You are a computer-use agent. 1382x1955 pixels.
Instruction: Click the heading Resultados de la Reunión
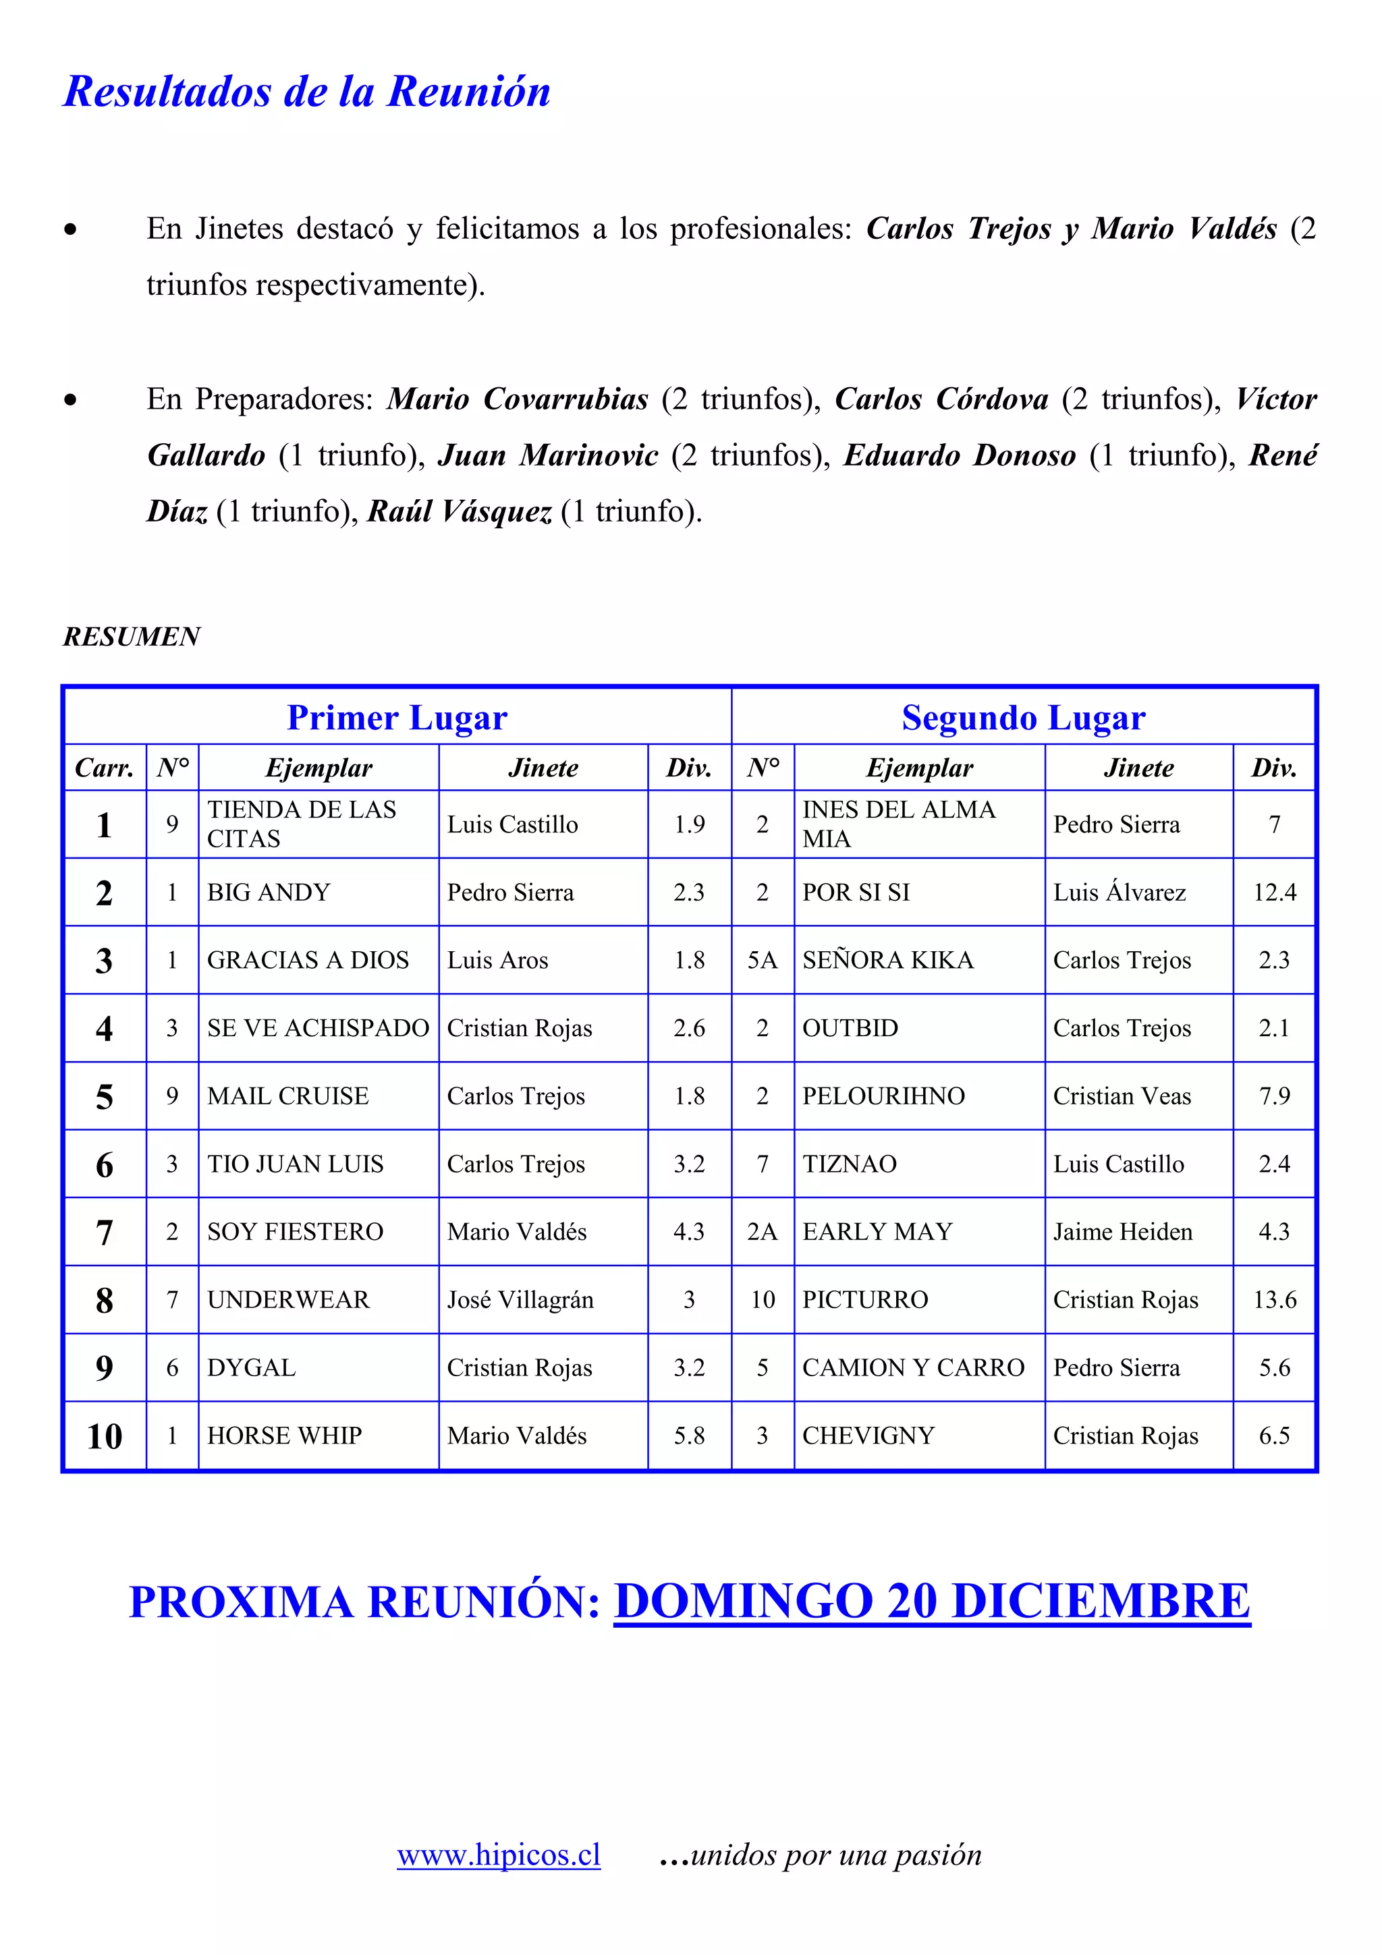306,92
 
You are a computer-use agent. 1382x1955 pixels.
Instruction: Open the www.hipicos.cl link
498,1854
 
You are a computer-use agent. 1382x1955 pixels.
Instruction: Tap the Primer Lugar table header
397,718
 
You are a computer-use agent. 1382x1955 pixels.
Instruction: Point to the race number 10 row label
105,1436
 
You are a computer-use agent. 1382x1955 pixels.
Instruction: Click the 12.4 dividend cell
1274,892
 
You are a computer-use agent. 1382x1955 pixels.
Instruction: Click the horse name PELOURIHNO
883,1096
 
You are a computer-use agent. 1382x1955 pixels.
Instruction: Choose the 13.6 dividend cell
1274,1299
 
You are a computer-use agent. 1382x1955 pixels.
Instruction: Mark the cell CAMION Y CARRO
913,1367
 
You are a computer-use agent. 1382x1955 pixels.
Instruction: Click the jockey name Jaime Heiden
1122,1231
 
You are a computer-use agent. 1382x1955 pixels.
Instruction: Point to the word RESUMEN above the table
131,636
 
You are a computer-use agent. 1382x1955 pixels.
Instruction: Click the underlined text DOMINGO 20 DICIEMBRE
931,1601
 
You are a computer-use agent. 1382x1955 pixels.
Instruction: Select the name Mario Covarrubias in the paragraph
518,399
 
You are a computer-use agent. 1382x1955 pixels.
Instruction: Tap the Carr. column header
105,768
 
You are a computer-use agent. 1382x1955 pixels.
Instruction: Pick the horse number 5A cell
762,959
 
